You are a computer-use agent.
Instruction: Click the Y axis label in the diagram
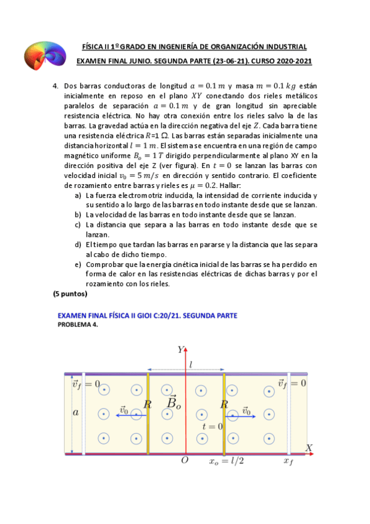click(x=180, y=350)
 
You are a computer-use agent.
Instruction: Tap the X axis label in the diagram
click(x=309, y=447)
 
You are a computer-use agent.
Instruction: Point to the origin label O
click(x=183, y=460)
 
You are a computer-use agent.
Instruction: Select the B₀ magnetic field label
click(x=174, y=403)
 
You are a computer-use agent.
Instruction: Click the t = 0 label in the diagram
click(x=212, y=426)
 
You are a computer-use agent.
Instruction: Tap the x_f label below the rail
click(x=288, y=461)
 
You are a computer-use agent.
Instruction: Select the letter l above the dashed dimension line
click(x=191, y=365)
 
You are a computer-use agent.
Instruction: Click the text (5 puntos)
click(x=70, y=294)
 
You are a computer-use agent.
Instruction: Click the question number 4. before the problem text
click(x=55, y=88)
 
